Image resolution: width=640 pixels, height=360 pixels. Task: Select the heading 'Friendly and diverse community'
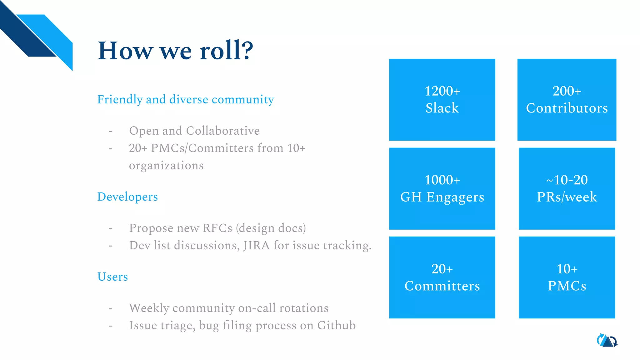click(x=186, y=100)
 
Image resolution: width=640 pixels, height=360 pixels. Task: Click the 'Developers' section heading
click(x=127, y=197)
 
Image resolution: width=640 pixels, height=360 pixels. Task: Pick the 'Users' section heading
click(x=112, y=277)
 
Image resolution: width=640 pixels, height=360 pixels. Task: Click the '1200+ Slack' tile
click(x=442, y=100)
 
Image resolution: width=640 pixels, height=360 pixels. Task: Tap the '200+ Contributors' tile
click(x=567, y=100)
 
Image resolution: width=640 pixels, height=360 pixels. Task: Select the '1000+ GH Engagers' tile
click(x=442, y=188)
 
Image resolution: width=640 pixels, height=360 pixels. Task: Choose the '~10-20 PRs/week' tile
click(x=567, y=188)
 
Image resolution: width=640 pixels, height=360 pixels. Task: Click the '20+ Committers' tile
click(x=442, y=277)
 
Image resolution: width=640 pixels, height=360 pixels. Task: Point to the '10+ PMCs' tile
click(x=567, y=277)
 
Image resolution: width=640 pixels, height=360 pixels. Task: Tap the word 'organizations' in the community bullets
click(x=166, y=166)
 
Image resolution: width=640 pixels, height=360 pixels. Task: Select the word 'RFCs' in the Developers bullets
click(x=217, y=228)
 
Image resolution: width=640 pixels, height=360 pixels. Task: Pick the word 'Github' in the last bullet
click(x=336, y=326)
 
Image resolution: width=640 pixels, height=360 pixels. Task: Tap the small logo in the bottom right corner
click(x=607, y=341)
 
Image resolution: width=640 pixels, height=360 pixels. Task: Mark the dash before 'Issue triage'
click(x=110, y=326)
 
